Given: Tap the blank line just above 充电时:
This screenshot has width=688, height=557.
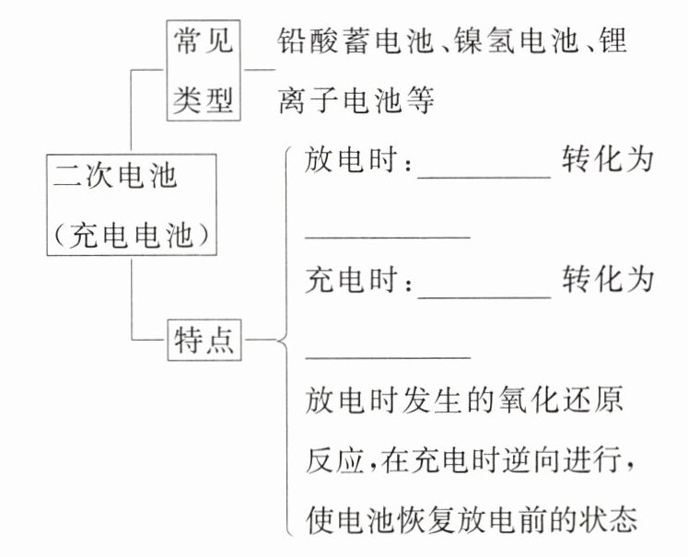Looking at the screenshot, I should tap(388, 238).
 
